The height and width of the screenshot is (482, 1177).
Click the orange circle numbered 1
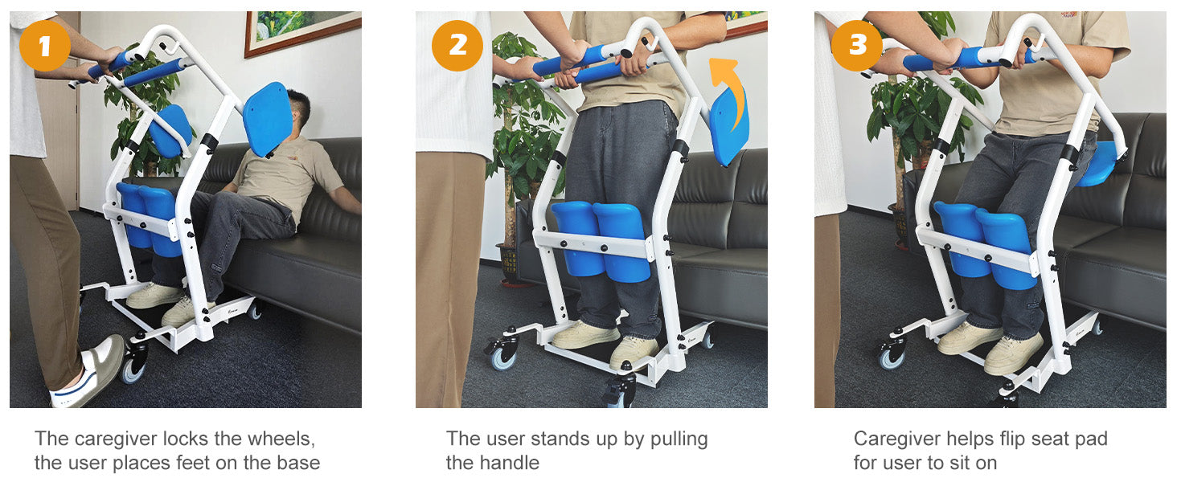pyautogui.click(x=45, y=46)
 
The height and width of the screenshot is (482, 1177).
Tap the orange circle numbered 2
pyautogui.click(x=457, y=46)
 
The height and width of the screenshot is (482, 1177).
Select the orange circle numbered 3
pyautogui.click(x=857, y=46)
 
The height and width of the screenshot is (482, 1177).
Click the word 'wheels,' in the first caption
pyautogui.click(x=281, y=439)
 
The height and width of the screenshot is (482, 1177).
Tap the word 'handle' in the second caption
pyautogui.click(x=492, y=463)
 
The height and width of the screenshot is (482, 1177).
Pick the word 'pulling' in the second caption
pyautogui.click(x=679, y=439)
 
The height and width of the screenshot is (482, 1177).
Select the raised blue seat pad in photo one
pyautogui.click(x=268, y=119)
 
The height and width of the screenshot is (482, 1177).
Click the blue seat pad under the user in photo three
pyautogui.click(x=1098, y=164)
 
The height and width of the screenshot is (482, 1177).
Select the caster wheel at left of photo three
pyautogui.click(x=891, y=357)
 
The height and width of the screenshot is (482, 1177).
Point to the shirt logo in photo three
pyautogui.click(x=1068, y=14)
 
